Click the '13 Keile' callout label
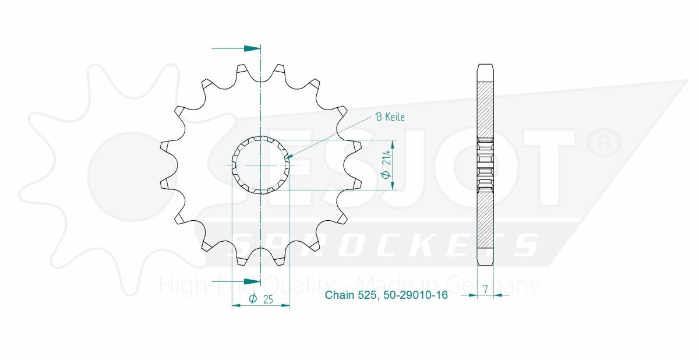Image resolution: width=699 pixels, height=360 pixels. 390,117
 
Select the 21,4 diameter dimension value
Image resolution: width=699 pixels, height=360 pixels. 386,165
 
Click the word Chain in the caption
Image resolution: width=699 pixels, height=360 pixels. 339,295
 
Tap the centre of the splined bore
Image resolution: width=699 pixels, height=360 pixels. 261,165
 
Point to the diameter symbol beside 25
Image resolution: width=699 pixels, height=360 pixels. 253,299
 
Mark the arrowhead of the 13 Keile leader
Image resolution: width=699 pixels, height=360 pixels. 290,156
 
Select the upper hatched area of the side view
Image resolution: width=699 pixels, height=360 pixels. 485,108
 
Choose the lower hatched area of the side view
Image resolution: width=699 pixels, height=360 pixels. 485,221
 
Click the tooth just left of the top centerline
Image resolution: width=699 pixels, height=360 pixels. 242,70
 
